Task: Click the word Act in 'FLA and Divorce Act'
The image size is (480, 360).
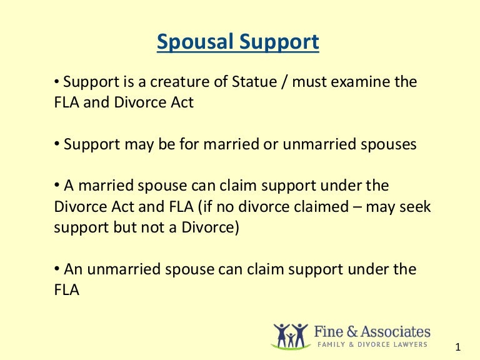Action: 182,102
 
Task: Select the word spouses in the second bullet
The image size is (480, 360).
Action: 389,144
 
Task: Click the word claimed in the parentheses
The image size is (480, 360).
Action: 308,206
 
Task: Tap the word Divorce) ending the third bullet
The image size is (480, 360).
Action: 209,227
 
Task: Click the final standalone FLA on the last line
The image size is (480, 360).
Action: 67,290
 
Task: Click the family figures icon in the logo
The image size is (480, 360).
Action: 291,336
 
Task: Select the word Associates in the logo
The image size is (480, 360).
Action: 396,331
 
